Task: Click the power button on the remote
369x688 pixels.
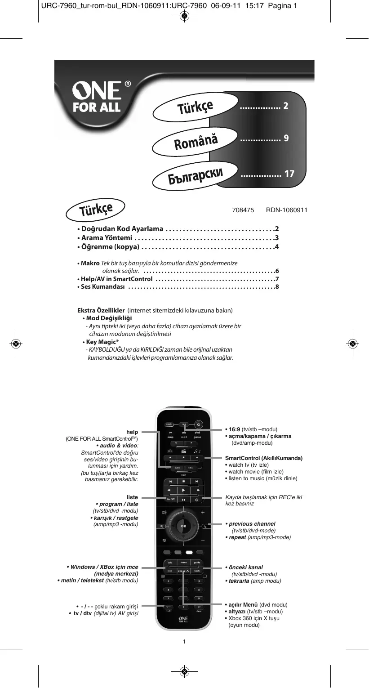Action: click(199, 424)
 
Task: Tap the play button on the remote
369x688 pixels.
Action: click(183, 490)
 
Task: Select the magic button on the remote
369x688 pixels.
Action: click(169, 424)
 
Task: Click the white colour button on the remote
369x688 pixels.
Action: click(189, 552)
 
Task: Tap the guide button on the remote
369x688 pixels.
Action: click(197, 563)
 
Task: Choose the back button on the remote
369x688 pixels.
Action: click(197, 571)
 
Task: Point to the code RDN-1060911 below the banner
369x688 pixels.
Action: click(286, 210)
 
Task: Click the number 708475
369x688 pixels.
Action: click(243, 210)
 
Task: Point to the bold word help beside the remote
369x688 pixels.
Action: click(132, 432)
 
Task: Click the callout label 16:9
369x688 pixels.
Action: click(235, 429)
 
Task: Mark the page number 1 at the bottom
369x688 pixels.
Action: click(184, 641)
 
